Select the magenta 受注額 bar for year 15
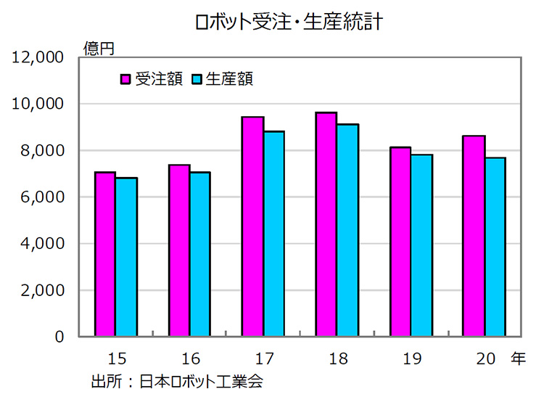tap(105, 254)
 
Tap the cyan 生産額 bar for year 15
tap(125, 257)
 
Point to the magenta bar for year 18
tap(326, 224)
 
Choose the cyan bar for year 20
tap(495, 247)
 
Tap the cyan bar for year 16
tap(199, 254)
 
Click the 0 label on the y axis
tap(60, 337)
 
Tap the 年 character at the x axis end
tap(518, 358)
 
